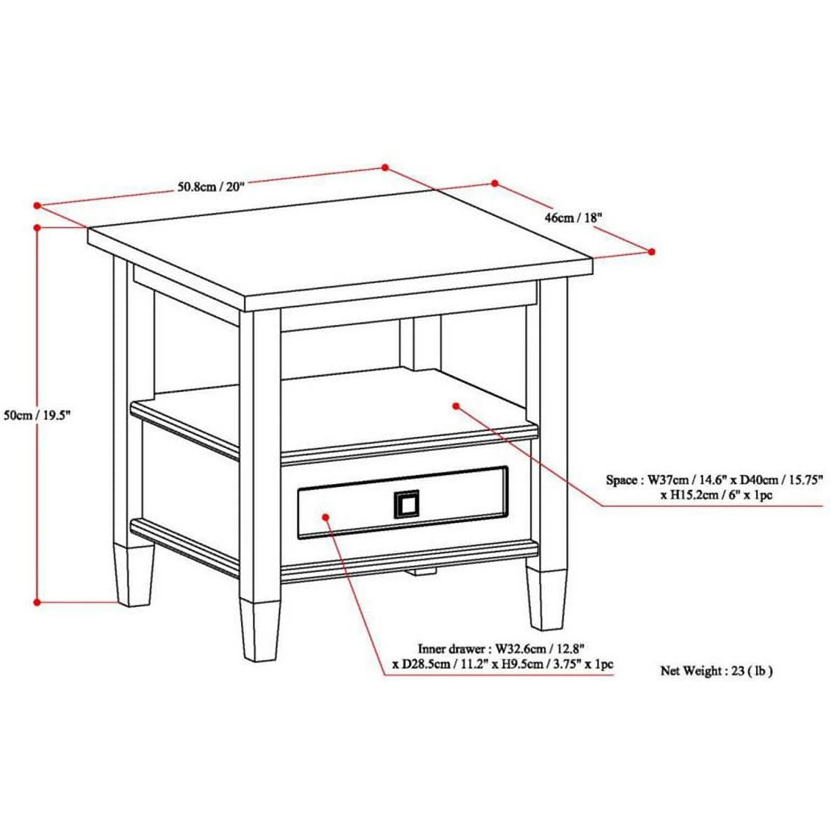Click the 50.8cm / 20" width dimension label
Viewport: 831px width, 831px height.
click(x=210, y=186)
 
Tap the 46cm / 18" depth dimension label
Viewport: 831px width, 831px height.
click(x=573, y=217)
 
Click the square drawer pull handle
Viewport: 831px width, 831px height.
click(x=406, y=504)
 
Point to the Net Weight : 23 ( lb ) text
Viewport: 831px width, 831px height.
click(x=716, y=671)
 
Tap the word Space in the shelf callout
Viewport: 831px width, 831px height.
click(x=621, y=480)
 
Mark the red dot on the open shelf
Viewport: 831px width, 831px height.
click(x=456, y=406)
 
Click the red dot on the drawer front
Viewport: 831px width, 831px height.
click(x=326, y=517)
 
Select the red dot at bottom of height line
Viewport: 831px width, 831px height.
click(x=37, y=602)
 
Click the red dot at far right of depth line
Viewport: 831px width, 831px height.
click(x=652, y=251)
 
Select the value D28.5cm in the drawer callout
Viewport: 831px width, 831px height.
click(x=421, y=664)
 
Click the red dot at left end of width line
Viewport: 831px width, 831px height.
click(x=37, y=206)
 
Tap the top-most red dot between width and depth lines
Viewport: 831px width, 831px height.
click(x=385, y=167)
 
